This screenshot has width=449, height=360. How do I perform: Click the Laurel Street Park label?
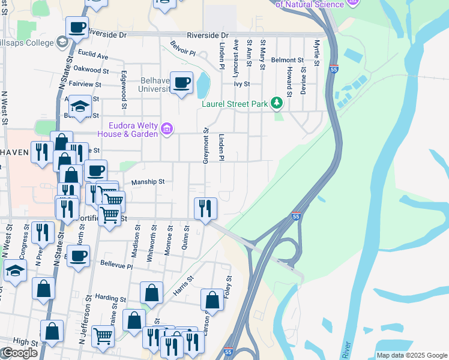[x=234, y=104]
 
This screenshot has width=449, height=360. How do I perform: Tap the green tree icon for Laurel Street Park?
[x=276, y=103]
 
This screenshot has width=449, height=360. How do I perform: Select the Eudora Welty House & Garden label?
[x=133, y=129]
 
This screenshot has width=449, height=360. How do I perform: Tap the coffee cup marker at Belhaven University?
[x=181, y=83]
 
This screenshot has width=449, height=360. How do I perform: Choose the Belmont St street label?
[x=288, y=60]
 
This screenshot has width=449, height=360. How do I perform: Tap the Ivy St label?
[x=241, y=85]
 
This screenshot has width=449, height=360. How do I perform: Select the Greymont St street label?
[x=205, y=146]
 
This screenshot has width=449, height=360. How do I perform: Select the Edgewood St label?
[x=124, y=90]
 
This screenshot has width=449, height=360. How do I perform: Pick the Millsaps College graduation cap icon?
[x=62, y=41]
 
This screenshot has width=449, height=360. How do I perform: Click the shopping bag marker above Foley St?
[x=212, y=299]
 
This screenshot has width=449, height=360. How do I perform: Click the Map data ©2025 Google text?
[x=411, y=355]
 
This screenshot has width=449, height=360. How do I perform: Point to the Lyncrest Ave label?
[x=236, y=53]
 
